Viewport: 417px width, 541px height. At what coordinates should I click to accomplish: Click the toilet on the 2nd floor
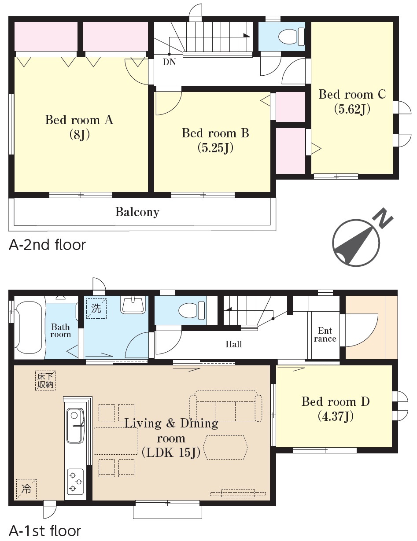click(291, 37)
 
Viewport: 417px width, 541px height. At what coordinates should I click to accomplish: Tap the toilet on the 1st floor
click(192, 310)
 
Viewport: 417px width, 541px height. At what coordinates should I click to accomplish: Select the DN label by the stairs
click(169, 62)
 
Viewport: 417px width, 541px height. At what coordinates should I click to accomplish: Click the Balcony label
click(137, 212)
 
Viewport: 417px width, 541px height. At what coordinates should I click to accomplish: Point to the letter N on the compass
click(384, 218)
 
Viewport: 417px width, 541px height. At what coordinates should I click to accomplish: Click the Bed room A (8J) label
click(79, 127)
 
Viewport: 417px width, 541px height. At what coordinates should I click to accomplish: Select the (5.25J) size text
click(216, 148)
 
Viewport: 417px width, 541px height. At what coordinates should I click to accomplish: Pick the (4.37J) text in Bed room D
click(336, 416)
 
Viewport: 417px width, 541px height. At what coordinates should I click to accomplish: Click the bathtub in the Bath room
click(30, 328)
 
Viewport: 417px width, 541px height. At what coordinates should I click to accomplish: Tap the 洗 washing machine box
click(96, 309)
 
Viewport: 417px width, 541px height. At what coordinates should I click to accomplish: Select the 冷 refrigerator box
click(26, 489)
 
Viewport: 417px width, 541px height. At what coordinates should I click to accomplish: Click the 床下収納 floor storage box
click(45, 380)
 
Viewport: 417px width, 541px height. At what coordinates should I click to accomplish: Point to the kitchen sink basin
click(75, 426)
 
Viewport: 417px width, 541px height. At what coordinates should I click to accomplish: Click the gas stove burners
click(76, 482)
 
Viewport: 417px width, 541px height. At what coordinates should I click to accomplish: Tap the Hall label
click(234, 344)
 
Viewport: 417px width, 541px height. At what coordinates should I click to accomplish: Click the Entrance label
click(325, 335)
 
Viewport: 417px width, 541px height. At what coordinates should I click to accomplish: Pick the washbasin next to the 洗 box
click(133, 304)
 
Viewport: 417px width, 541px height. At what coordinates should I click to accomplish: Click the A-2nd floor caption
click(47, 245)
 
